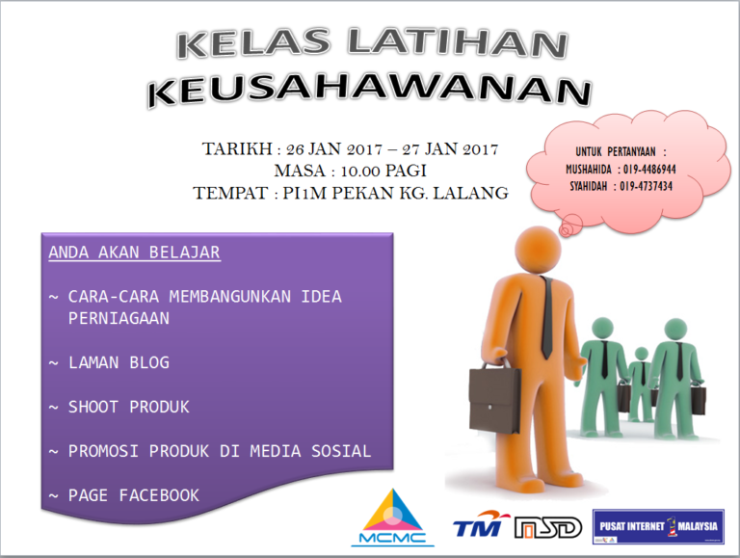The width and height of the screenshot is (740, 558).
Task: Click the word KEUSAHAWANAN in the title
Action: point(370,89)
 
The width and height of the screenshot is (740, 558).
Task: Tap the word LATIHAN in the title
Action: point(458,43)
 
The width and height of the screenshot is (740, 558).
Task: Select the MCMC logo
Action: point(392,518)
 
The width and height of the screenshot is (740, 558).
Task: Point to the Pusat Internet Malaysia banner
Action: point(658,526)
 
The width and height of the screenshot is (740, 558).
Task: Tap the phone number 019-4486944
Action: point(649,169)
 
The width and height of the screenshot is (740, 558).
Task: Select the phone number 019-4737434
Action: point(647,186)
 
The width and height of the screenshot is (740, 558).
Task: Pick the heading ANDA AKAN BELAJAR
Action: point(135,252)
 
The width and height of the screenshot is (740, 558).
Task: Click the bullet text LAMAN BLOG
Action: point(119,362)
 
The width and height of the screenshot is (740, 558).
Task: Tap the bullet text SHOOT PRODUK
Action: point(129,407)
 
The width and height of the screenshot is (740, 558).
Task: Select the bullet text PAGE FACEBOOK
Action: point(134,495)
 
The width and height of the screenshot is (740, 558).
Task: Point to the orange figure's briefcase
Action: point(495,399)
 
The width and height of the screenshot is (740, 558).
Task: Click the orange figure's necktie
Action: point(546,317)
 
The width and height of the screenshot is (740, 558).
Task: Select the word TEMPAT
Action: point(230,193)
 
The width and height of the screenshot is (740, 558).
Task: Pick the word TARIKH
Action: point(237,149)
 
